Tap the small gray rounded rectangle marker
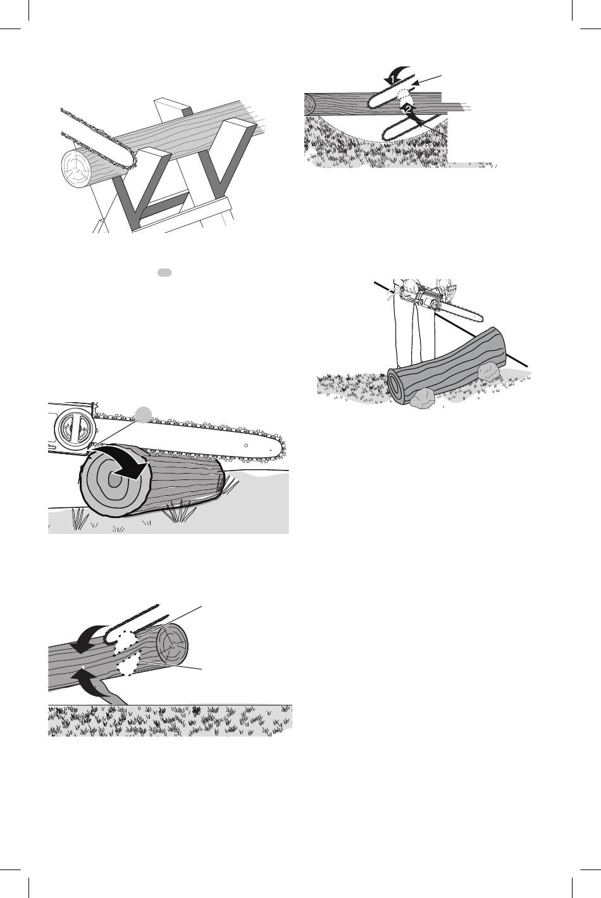pyautogui.click(x=164, y=272)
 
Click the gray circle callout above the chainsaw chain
pyautogui.click(x=143, y=415)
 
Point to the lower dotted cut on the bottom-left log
pyautogui.click(x=128, y=667)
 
